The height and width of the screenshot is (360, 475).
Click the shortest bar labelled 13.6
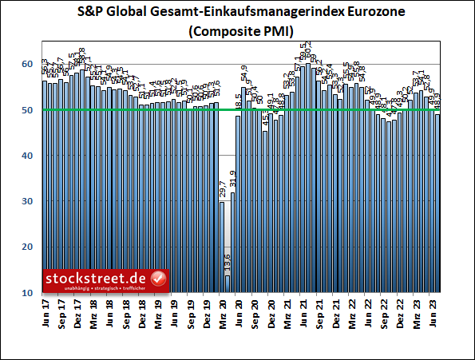point(228,283)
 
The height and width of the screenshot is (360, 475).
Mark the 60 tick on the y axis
point(27,64)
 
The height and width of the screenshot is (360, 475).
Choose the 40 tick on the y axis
point(27,156)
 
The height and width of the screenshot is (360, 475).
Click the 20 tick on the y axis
point(27,247)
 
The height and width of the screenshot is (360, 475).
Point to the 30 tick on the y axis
point(27,202)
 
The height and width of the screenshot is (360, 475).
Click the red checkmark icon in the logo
point(158,279)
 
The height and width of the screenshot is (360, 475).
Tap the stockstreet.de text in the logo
point(97,277)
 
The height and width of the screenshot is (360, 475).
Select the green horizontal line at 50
point(335,109)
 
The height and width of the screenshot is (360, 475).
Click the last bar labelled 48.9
point(437,204)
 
